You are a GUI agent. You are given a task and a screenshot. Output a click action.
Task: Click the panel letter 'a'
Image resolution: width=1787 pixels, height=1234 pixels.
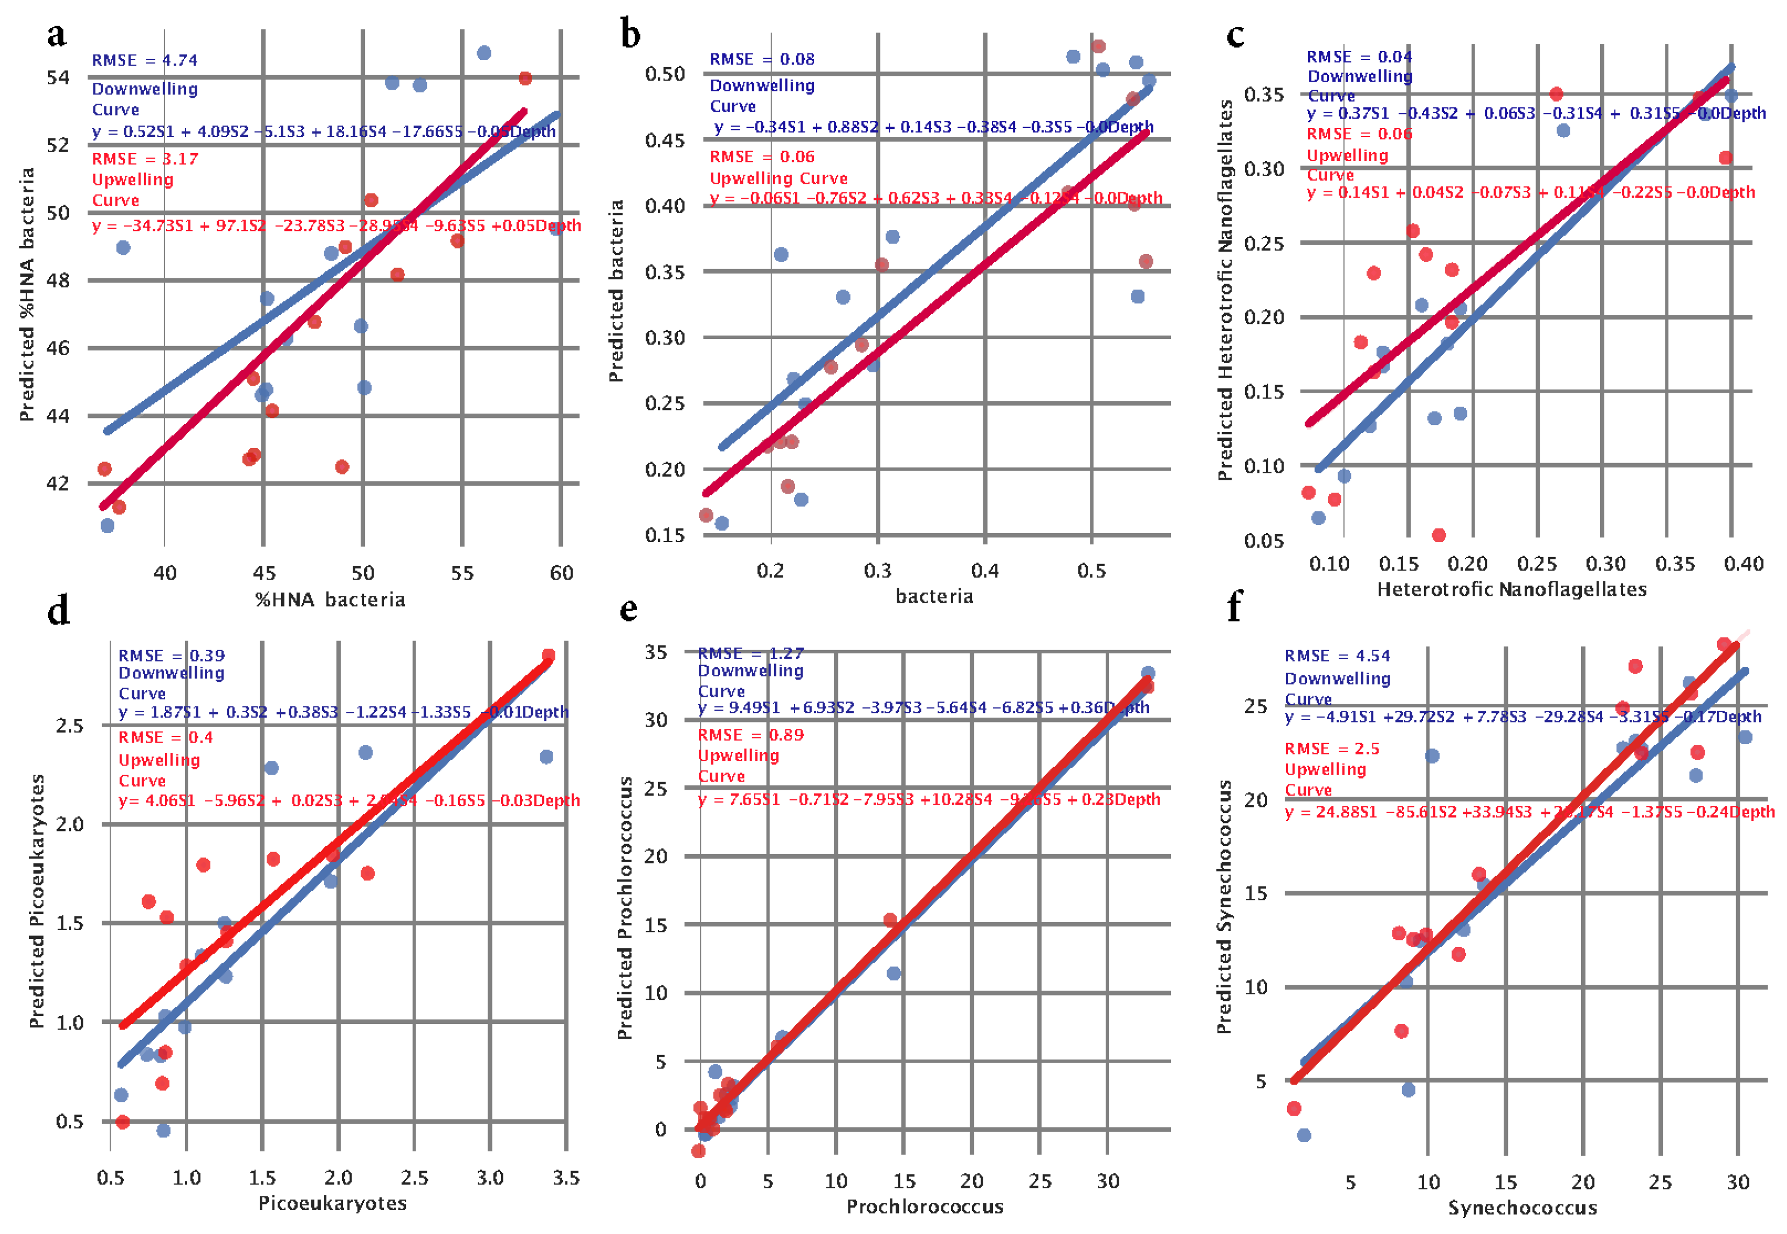tap(56, 35)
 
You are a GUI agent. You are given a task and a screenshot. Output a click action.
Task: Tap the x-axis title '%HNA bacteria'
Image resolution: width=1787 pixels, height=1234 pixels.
tap(330, 600)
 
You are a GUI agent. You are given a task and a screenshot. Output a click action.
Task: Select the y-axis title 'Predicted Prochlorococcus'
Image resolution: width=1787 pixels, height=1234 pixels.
tap(625, 908)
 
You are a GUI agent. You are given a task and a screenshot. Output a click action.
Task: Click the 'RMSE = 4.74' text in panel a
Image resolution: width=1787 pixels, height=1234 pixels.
tap(145, 60)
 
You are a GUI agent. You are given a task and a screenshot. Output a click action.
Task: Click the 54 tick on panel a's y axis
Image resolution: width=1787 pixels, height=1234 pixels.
tap(58, 77)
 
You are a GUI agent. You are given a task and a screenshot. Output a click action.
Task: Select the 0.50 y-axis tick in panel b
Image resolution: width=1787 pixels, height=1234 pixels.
tap(666, 74)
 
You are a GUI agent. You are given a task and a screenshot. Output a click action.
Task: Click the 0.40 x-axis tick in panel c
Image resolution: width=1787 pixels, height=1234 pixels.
tap(1743, 564)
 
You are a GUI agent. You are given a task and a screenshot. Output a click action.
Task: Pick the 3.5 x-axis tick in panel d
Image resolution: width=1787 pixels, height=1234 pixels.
tap(566, 1178)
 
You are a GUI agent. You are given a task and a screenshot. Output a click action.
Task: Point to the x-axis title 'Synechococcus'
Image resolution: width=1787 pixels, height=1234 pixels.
tap(1521, 1208)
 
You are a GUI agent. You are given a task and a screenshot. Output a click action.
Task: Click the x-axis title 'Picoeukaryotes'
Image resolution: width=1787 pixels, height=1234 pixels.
tap(333, 1203)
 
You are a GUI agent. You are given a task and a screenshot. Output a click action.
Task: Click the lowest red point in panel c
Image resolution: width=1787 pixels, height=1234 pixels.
tap(1439, 535)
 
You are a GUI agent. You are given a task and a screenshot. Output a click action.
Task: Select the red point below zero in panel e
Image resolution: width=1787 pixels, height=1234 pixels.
tap(698, 1151)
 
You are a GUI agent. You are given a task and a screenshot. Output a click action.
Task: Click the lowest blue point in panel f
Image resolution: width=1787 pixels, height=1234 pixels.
tap(1304, 1135)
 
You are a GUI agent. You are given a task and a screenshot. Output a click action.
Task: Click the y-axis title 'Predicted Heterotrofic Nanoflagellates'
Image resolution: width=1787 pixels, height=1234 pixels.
tap(1225, 290)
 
